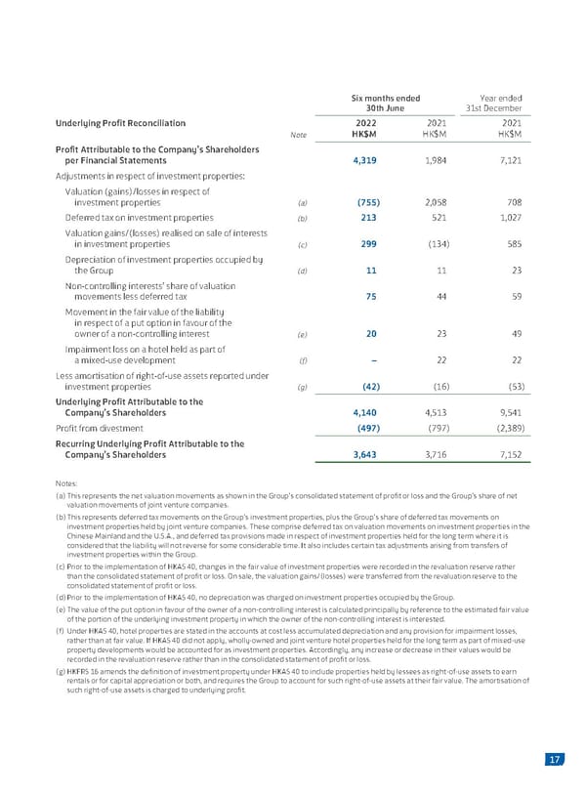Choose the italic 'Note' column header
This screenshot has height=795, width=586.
pos(301,136)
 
